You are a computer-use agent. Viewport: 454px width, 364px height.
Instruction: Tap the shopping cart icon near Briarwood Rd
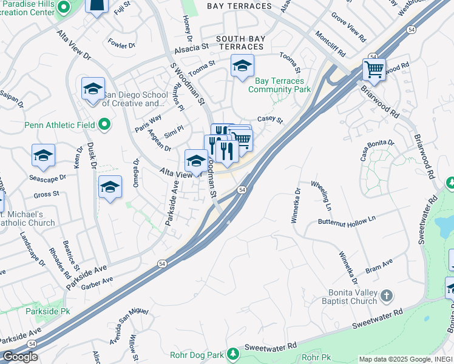tap(374, 69)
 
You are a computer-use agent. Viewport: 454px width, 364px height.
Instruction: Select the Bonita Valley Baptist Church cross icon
tap(387, 295)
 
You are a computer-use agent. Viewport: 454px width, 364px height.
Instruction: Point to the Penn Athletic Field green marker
tap(104, 126)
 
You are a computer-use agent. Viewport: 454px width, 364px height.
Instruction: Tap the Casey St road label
tap(271, 120)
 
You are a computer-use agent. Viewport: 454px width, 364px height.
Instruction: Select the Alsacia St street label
tap(188, 45)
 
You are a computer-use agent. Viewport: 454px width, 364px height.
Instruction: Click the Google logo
tap(20, 357)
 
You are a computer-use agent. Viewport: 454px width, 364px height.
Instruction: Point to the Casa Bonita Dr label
tap(378, 150)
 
